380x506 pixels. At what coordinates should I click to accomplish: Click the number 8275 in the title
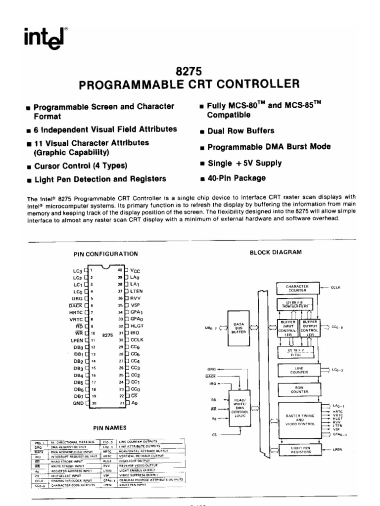(x=190, y=71)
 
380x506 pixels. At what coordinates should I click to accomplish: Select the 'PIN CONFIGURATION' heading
(x=105, y=254)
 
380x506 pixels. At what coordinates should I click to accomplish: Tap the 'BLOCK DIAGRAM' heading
(x=275, y=252)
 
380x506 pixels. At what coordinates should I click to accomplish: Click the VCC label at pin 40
(x=136, y=271)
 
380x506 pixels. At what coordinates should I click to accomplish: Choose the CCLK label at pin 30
(x=138, y=340)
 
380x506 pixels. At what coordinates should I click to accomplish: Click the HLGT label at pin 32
(x=137, y=327)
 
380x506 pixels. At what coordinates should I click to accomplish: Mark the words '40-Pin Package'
(x=236, y=178)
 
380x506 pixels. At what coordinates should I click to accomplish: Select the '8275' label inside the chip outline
(x=108, y=335)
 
